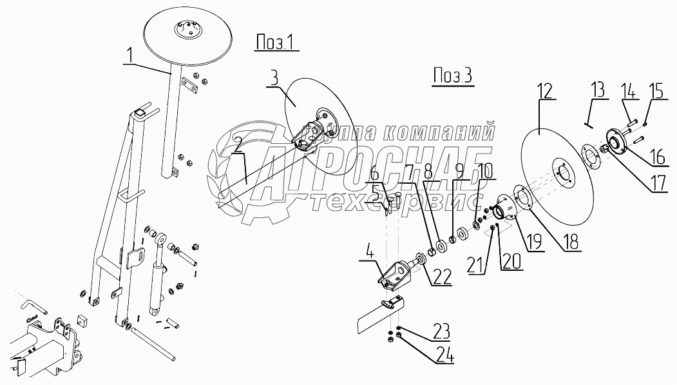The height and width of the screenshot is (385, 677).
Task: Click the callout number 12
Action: [x=546, y=91]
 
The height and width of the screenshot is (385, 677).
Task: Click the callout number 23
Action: [x=441, y=332]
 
